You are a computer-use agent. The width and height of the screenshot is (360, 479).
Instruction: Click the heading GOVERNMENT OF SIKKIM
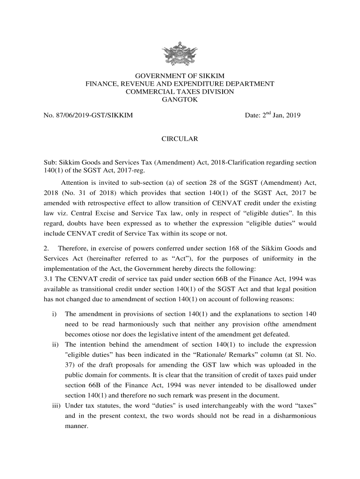[x=180, y=76]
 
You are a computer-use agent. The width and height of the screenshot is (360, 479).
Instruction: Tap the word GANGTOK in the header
[x=180, y=100]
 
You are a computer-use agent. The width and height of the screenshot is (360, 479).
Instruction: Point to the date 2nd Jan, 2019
[x=273, y=115]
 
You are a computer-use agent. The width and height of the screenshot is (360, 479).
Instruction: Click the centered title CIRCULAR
[x=180, y=139]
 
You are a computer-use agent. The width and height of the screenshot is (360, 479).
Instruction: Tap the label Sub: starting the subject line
[x=50, y=163]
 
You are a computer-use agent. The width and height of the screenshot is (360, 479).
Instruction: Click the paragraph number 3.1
[x=48, y=279]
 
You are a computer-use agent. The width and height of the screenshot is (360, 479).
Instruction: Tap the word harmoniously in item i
[x=132, y=324]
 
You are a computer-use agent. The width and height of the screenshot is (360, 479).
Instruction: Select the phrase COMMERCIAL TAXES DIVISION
[x=180, y=92]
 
